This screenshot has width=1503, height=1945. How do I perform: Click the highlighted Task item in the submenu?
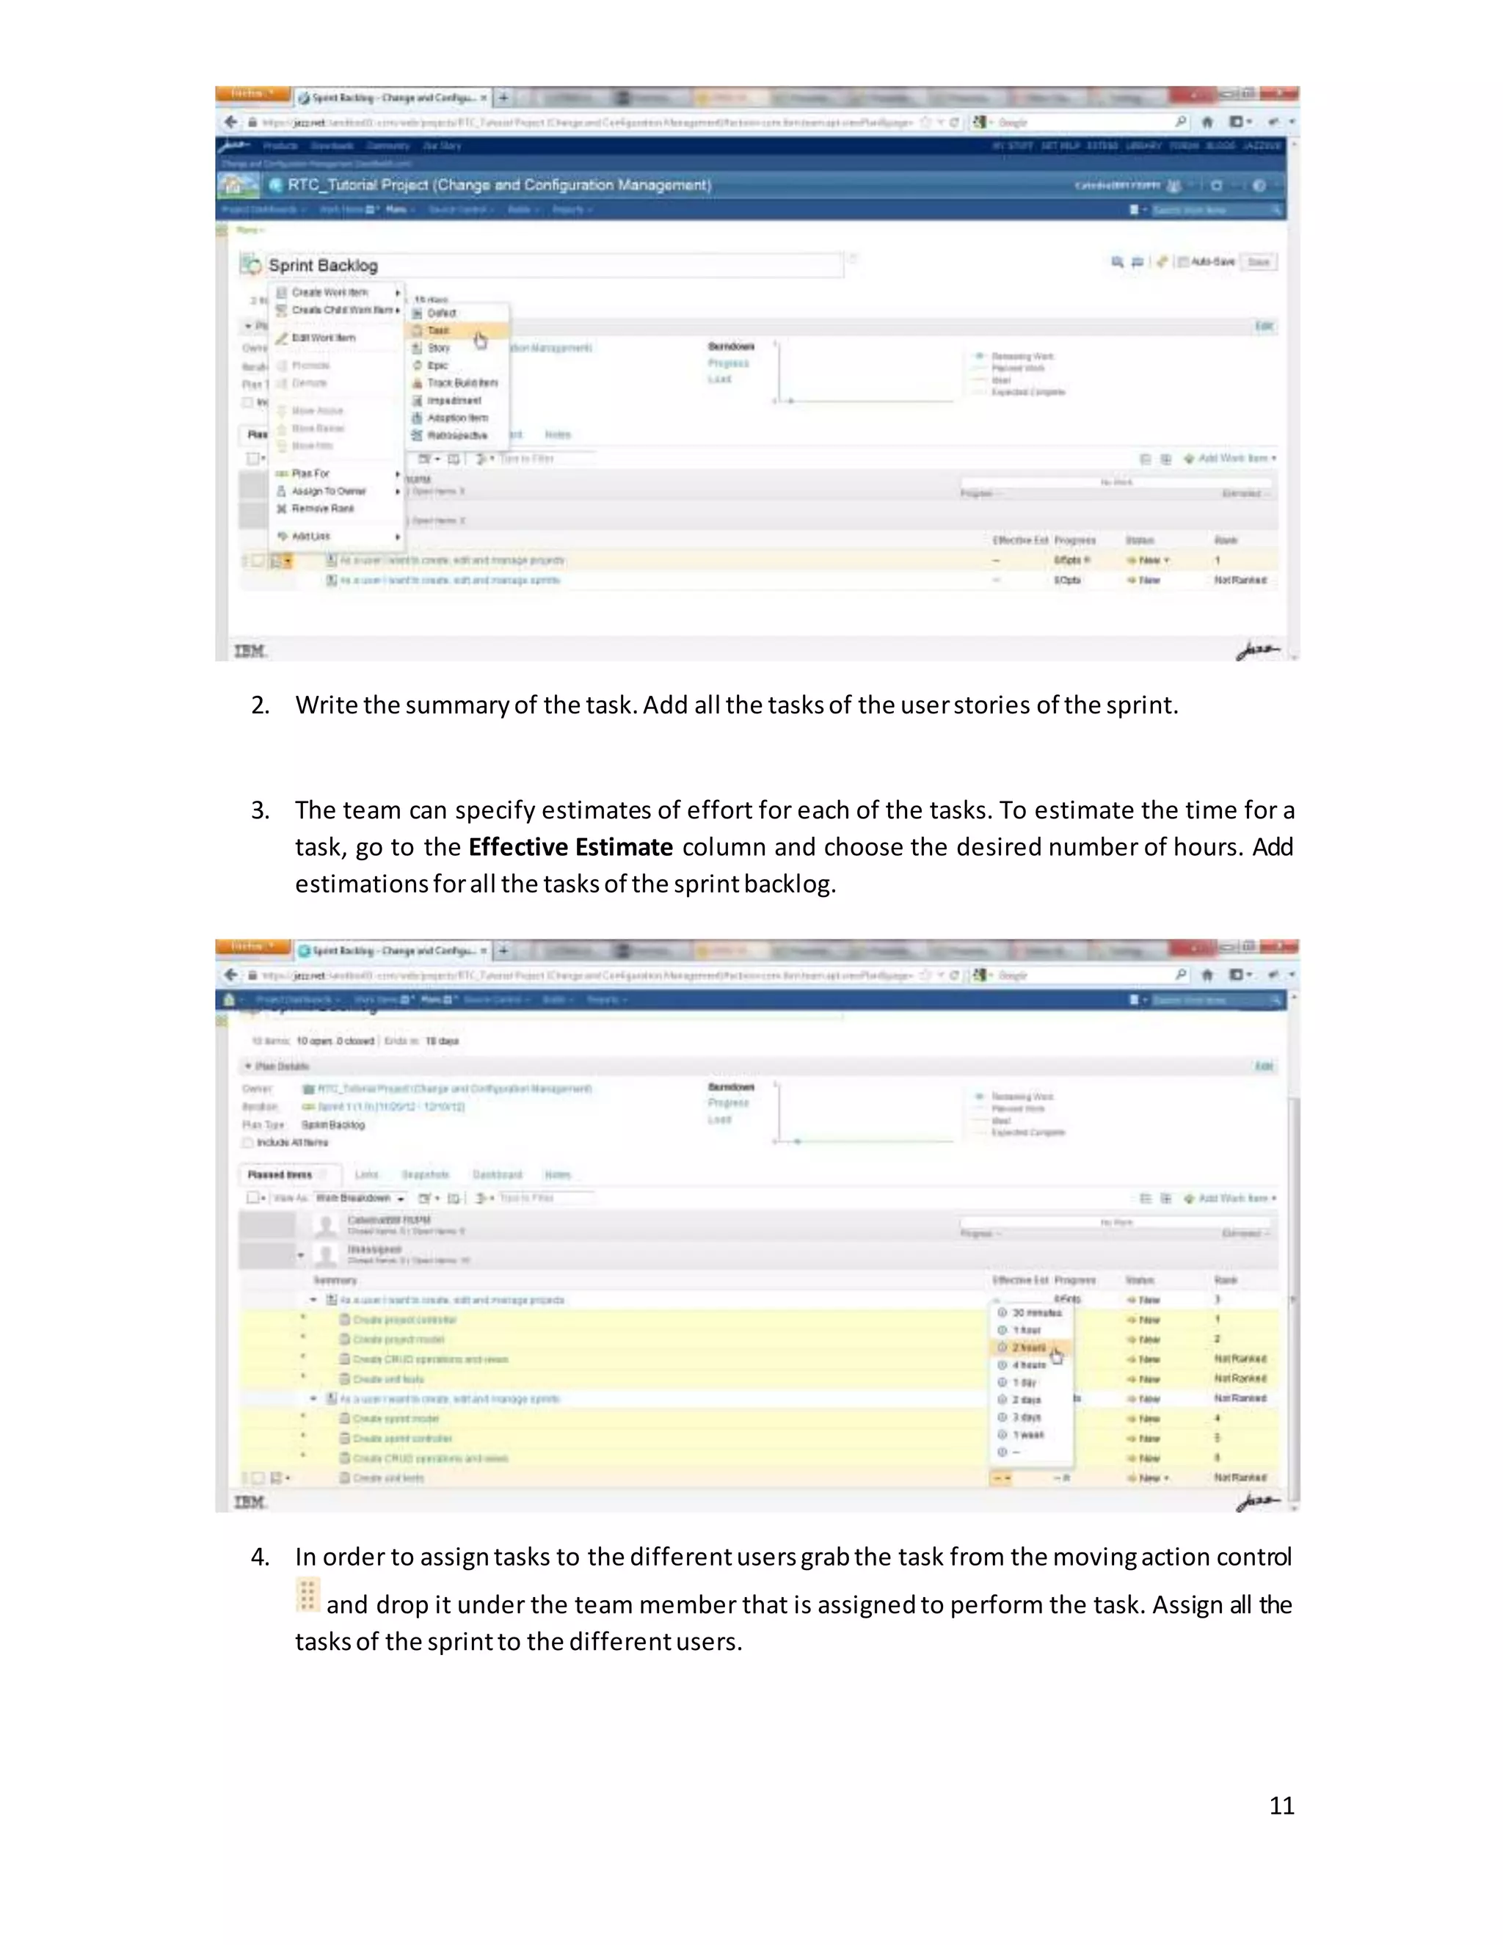(x=438, y=330)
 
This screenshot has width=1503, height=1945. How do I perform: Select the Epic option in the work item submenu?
(x=437, y=365)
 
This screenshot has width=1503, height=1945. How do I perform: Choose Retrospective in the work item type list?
(x=456, y=435)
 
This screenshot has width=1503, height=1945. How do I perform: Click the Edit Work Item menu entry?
(x=323, y=338)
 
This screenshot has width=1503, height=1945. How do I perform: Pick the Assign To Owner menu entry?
(x=327, y=491)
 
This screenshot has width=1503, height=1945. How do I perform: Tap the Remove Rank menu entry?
(x=322, y=509)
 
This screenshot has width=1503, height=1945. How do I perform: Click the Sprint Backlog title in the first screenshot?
(x=323, y=266)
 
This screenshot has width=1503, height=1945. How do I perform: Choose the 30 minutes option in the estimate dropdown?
(x=1036, y=1313)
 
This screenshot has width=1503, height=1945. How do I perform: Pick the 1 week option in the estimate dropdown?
(x=1028, y=1435)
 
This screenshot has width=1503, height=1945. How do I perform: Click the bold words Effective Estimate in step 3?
(x=569, y=847)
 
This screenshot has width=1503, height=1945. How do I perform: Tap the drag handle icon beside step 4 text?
(x=306, y=1595)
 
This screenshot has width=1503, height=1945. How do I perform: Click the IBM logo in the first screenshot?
(x=250, y=651)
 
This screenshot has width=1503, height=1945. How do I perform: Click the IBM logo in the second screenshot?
(x=250, y=1502)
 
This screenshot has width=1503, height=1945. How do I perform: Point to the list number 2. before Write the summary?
(x=260, y=705)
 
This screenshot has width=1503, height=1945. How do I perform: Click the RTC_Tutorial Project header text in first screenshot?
(x=498, y=185)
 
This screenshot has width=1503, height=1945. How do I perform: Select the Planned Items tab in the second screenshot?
(x=280, y=1174)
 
